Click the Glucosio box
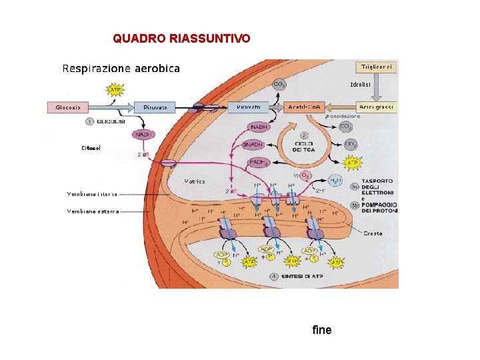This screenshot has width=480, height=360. click(x=68, y=107)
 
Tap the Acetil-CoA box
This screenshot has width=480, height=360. click(x=306, y=107)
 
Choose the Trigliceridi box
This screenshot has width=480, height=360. click(x=378, y=67)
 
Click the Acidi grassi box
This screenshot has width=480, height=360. click(x=377, y=107)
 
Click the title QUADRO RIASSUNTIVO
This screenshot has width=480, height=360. click(x=181, y=39)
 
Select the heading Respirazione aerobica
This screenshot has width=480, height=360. click(x=121, y=68)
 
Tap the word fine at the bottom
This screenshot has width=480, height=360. click(x=321, y=330)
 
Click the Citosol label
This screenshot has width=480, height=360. click(x=91, y=148)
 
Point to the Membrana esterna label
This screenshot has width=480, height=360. click(x=93, y=211)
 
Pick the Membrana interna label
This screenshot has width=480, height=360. click(x=92, y=194)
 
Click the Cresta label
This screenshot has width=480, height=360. click(x=373, y=233)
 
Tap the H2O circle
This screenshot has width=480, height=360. click(x=336, y=181)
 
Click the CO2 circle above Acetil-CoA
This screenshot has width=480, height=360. click(x=280, y=84)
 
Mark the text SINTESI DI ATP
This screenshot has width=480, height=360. click(x=301, y=276)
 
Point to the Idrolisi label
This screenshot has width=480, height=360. click(x=361, y=85)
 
